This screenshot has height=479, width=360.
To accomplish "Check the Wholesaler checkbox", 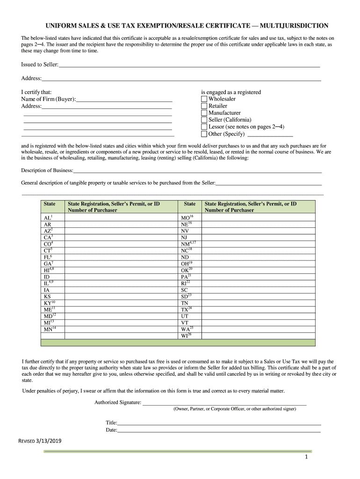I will (204, 99).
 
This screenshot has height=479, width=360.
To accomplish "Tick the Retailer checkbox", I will (204, 106).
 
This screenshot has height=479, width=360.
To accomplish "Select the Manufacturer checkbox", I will (204, 113).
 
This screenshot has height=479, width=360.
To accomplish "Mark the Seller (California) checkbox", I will (204, 120).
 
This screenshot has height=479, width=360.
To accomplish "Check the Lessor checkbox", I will (204, 127).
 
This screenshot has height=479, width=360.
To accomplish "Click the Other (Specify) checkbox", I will (204, 134).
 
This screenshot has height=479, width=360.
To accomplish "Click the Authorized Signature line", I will (224, 402).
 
